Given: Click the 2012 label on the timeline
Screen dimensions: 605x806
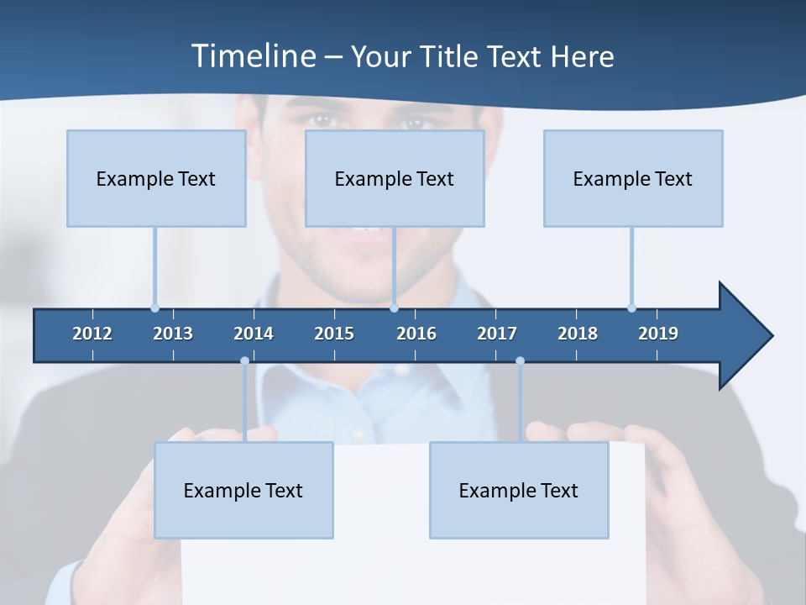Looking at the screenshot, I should (92, 334).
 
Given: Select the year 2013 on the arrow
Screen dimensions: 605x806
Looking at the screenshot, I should (173, 334).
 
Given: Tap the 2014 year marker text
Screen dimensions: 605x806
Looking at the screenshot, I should (254, 334).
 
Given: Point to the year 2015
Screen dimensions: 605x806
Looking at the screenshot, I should (334, 334).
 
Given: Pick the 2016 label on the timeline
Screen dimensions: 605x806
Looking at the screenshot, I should (416, 334).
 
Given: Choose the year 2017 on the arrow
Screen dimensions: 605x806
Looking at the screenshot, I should (497, 334).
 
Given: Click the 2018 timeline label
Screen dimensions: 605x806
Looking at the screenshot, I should (578, 334).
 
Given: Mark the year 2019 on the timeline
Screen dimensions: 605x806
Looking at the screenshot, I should (658, 334).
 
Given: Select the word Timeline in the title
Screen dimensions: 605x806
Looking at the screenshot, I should (253, 56).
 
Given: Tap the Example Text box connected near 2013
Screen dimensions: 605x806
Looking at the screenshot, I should (156, 178).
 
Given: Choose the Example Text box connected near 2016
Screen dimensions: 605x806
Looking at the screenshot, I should (395, 178).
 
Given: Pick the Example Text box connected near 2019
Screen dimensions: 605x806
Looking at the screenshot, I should (633, 178).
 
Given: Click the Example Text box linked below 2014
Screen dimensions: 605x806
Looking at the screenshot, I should (243, 490).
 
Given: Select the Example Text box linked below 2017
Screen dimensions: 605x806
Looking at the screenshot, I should (519, 490).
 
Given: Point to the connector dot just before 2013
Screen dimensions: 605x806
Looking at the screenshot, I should (154, 308).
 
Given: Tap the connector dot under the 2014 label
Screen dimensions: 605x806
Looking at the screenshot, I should (244, 361).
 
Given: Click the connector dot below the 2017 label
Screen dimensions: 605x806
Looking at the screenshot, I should (520, 361).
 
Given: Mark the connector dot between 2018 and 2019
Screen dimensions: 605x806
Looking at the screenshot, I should (631, 308).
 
